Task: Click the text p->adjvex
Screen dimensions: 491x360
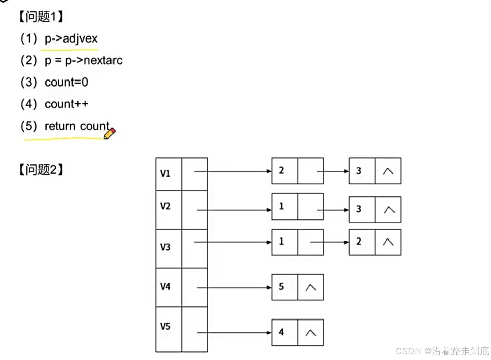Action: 71,39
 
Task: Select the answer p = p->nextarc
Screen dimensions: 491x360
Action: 83,61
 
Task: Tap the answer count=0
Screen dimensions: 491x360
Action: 66,82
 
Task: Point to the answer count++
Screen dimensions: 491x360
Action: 66,104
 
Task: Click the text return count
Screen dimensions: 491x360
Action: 77,126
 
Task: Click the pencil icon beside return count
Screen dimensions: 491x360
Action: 109,133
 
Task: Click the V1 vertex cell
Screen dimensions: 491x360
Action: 168,174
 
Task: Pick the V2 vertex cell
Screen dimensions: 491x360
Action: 168,206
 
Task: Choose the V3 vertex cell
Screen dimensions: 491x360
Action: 168,247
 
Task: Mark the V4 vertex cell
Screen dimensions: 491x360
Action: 168,287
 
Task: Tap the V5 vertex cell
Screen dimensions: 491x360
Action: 168,326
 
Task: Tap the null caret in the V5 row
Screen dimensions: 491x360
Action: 311,332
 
